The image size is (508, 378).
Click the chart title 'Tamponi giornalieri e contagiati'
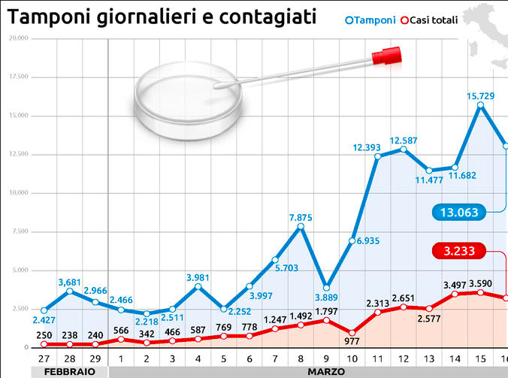click(161, 16)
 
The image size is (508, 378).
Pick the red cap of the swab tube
click(389, 54)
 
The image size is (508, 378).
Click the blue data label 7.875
click(301, 218)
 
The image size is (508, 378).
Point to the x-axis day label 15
click(480, 359)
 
